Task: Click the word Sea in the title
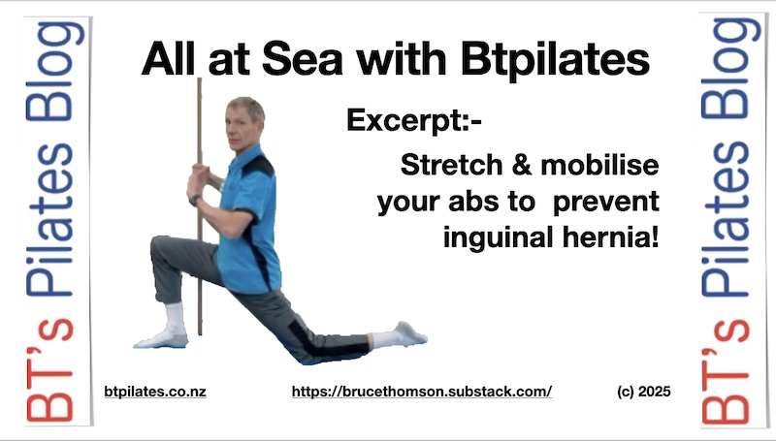pos(302,59)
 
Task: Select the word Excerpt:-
pos(414,121)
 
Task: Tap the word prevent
pos(605,203)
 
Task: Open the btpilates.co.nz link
pos(155,393)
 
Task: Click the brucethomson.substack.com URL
pos(422,392)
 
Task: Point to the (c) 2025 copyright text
pos(644,392)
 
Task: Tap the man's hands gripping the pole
pos(199,177)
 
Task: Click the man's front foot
pos(162,338)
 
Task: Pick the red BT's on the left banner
pos(49,371)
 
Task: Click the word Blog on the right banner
pos(729,69)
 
